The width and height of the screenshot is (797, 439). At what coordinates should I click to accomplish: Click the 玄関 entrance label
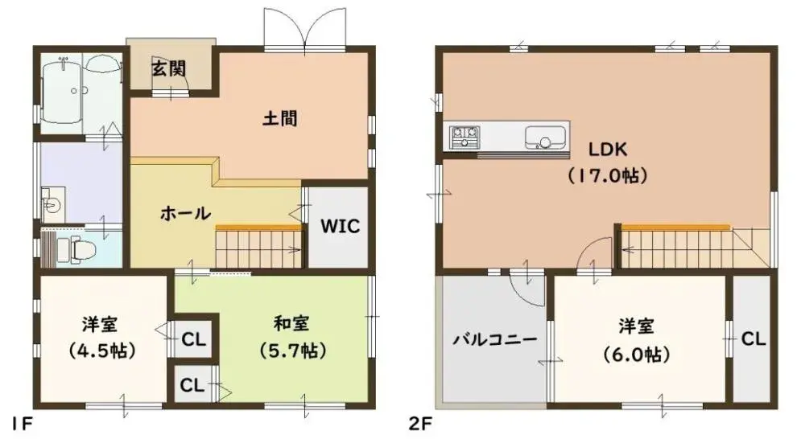(x=169, y=68)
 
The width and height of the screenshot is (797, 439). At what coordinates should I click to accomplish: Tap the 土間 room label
(x=280, y=119)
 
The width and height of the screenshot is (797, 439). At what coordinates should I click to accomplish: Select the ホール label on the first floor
(x=185, y=213)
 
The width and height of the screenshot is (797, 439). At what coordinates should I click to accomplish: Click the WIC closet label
(x=340, y=227)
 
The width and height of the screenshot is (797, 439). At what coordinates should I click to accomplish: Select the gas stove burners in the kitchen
(x=465, y=137)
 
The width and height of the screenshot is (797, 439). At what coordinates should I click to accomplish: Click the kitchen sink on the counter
(x=544, y=137)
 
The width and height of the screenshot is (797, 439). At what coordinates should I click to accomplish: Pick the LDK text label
(x=607, y=150)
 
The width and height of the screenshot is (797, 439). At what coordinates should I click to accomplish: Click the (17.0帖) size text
(x=607, y=175)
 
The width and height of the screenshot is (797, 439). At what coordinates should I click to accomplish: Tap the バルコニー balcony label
(x=495, y=338)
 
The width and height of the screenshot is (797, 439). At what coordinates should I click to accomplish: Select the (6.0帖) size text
(x=636, y=354)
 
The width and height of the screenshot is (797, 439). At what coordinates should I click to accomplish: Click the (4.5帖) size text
(x=101, y=351)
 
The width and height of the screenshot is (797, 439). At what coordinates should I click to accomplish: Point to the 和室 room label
(x=291, y=323)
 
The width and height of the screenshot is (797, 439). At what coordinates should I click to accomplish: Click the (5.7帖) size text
(x=291, y=350)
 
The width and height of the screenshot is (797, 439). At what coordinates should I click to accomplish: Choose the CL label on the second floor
(x=754, y=338)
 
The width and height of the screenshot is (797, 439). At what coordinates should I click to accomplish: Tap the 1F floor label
(x=23, y=423)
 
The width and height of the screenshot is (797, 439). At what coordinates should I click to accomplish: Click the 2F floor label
(x=420, y=423)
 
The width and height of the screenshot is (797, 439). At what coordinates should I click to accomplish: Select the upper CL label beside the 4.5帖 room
(x=194, y=339)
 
